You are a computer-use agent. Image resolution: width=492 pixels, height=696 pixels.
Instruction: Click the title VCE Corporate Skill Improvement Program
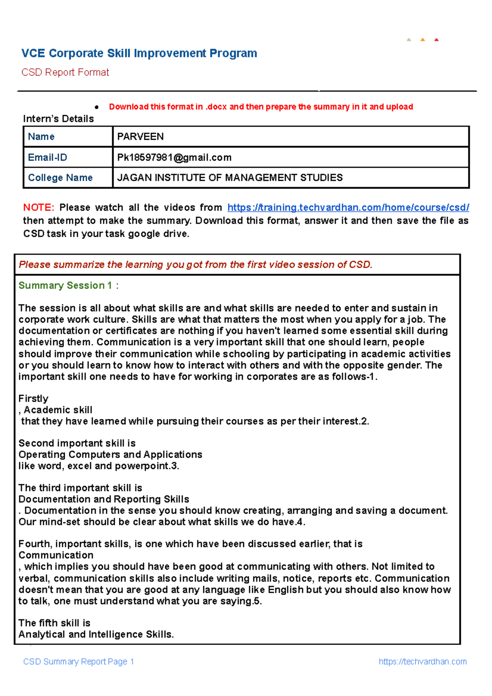(x=139, y=53)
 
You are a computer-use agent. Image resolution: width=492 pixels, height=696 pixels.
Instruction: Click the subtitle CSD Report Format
(x=65, y=73)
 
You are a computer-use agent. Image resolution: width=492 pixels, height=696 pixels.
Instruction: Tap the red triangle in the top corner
(x=436, y=40)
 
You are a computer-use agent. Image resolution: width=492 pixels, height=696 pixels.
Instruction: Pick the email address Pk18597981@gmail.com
(x=174, y=157)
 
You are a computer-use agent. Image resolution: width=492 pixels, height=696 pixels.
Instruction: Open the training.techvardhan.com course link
(x=348, y=207)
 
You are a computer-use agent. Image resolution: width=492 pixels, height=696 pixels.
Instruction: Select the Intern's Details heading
(x=58, y=118)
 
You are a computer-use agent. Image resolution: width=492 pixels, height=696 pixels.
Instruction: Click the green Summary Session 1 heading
(x=68, y=285)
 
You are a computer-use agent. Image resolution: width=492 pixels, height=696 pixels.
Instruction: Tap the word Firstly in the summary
(x=33, y=398)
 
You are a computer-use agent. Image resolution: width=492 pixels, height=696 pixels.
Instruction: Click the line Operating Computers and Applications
(x=110, y=455)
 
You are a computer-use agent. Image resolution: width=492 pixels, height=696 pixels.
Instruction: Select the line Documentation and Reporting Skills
(x=104, y=499)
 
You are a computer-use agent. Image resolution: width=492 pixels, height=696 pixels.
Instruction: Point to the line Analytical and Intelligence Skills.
(x=96, y=634)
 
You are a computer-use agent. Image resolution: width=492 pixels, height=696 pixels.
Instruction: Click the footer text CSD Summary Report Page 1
(x=79, y=662)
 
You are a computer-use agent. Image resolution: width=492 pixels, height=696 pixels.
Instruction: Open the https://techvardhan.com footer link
(x=422, y=662)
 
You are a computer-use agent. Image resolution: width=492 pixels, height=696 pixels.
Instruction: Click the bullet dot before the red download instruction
(x=97, y=107)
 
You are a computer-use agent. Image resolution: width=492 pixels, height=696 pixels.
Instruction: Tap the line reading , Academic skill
(x=55, y=410)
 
